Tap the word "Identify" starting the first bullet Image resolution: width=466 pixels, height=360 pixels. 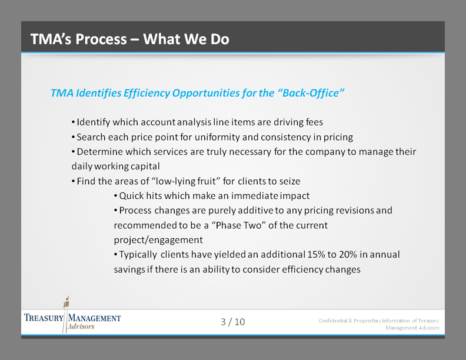point(94,122)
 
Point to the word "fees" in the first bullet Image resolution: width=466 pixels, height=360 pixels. point(312,122)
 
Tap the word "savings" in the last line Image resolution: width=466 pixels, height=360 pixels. point(130,269)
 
